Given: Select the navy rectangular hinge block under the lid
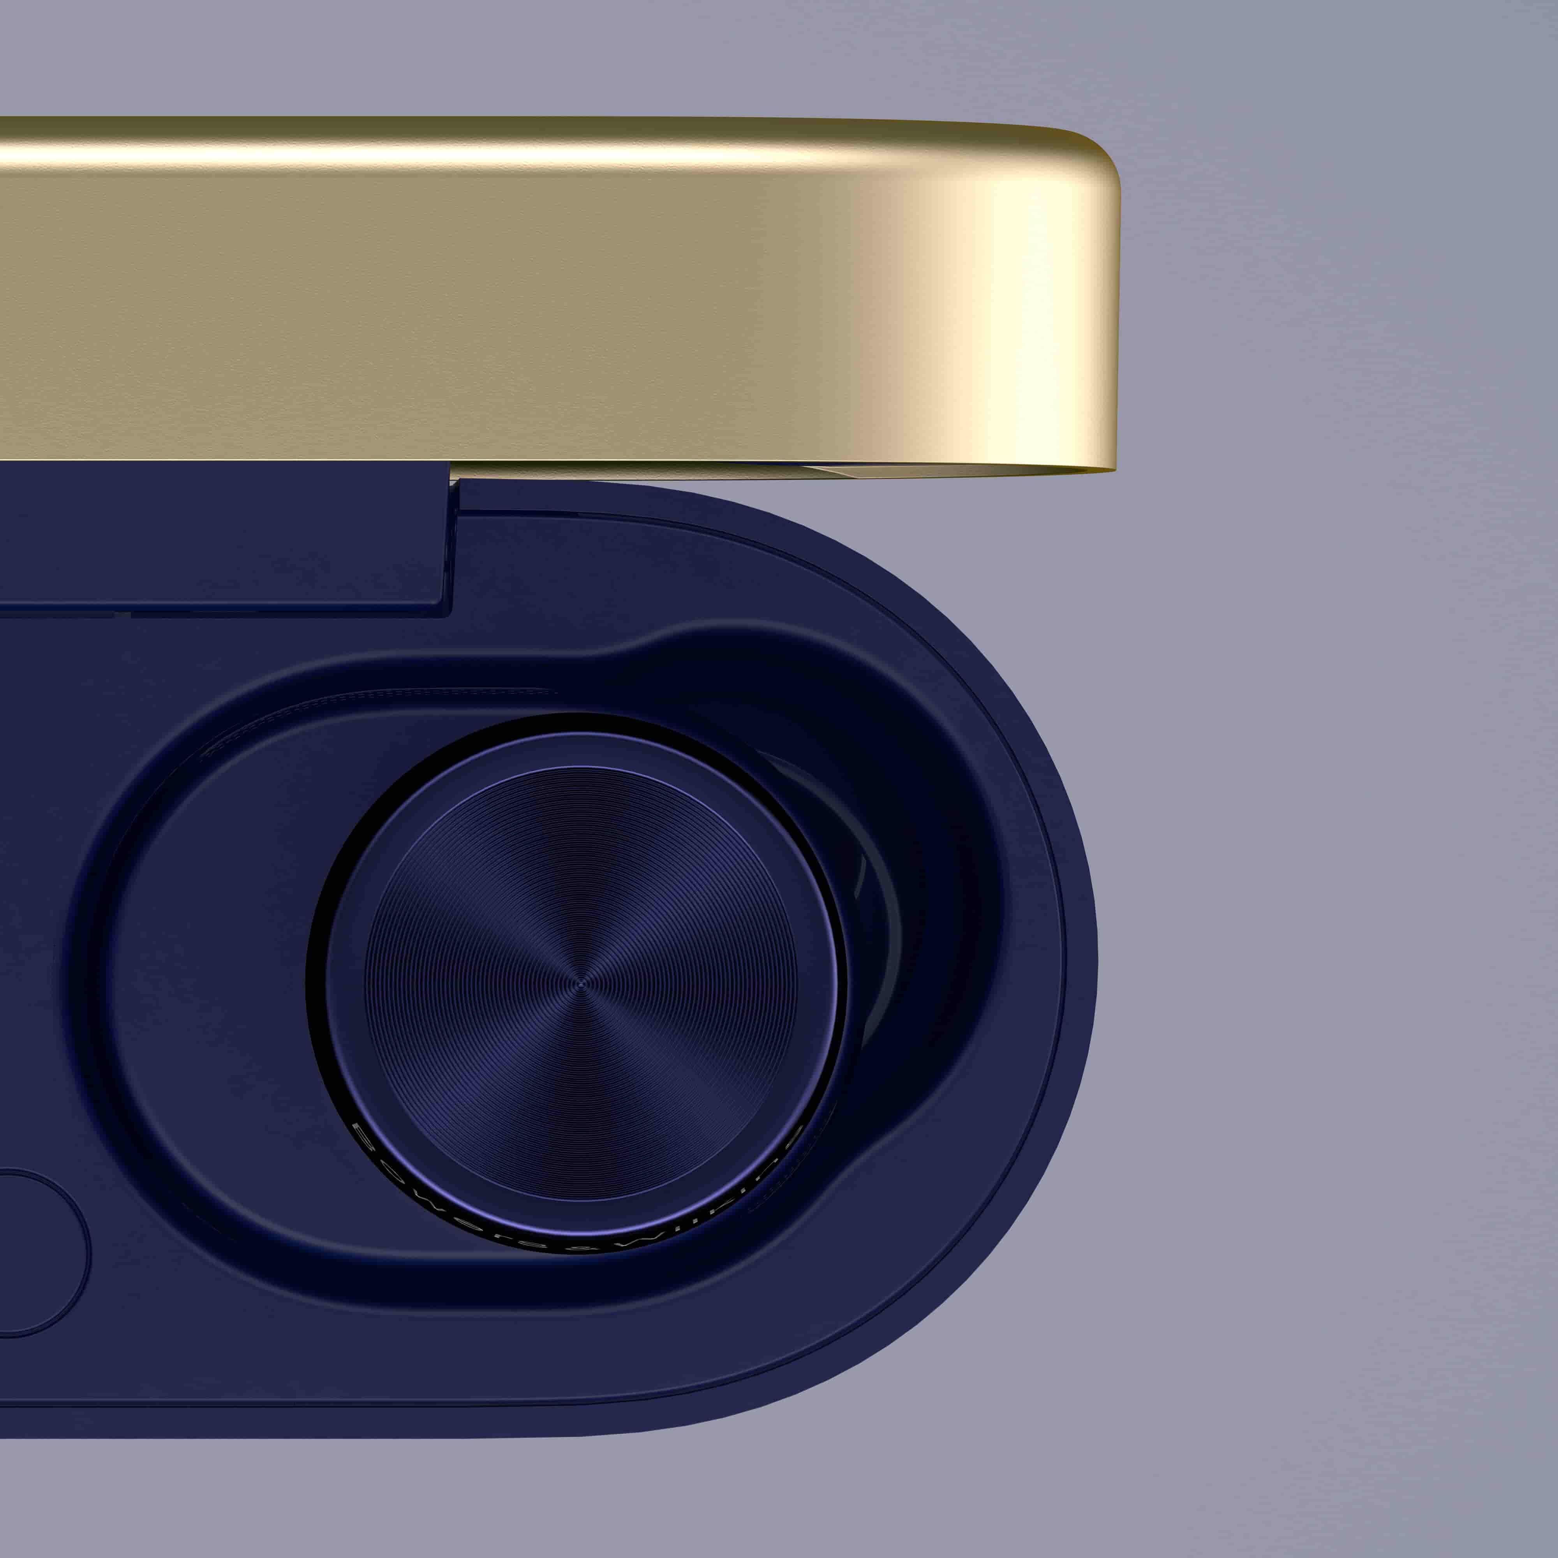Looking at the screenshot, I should pos(226,536).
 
